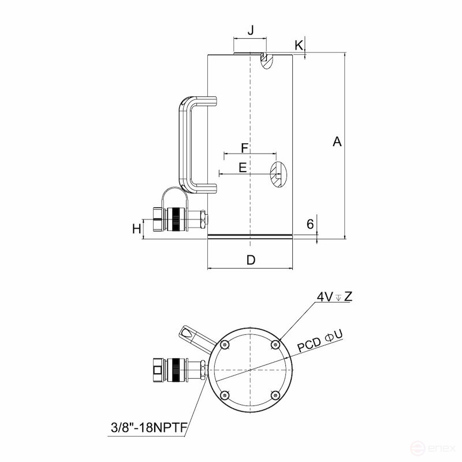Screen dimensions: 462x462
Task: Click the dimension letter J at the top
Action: point(250,31)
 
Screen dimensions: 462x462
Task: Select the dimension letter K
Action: point(299,44)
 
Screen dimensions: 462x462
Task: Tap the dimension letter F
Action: point(244,148)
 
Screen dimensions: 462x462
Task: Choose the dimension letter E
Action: point(243,167)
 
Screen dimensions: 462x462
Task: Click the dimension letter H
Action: point(136,229)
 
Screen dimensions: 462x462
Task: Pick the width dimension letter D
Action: point(251,260)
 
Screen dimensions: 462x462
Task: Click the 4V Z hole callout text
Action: point(334,297)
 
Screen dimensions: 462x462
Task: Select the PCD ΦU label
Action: point(321,341)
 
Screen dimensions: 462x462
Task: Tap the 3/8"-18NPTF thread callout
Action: point(148,429)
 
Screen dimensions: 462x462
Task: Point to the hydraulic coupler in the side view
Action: point(176,219)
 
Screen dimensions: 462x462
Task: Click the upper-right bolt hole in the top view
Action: point(275,344)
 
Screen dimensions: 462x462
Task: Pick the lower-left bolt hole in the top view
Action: point(225,395)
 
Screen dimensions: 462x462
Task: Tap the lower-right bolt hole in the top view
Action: point(275,395)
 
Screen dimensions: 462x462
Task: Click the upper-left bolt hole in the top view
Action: point(225,344)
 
